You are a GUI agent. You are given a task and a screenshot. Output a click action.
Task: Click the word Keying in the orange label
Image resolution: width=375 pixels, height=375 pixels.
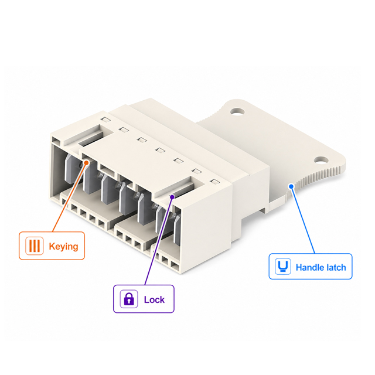[x=63, y=246]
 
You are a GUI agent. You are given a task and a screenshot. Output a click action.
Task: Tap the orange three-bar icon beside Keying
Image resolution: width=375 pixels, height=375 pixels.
[x=35, y=246]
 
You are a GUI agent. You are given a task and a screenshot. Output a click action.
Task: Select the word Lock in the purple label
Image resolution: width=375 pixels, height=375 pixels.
[x=154, y=299]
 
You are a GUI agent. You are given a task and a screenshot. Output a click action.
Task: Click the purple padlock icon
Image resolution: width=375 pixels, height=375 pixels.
[x=129, y=299]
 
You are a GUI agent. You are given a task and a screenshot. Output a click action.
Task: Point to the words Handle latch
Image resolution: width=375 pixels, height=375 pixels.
[x=321, y=267]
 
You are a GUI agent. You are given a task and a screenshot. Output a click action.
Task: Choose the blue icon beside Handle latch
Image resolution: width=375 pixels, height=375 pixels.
[x=283, y=266]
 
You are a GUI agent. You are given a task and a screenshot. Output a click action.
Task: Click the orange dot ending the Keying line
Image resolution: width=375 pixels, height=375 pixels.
[x=86, y=163]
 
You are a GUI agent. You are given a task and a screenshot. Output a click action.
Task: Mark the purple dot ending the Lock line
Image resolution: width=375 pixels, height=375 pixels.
[x=172, y=197]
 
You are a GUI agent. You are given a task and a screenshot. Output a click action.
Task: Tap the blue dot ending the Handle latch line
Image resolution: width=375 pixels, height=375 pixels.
[x=291, y=186]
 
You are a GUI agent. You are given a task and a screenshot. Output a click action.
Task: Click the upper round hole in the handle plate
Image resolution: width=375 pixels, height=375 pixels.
[x=237, y=111]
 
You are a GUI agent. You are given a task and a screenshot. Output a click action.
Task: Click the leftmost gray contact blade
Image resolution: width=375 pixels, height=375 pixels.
[x=70, y=169]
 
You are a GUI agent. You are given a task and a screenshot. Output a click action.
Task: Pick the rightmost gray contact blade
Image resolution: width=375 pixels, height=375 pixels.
[x=177, y=230]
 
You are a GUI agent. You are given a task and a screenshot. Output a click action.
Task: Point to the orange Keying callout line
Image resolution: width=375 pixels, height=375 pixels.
[x=69, y=197]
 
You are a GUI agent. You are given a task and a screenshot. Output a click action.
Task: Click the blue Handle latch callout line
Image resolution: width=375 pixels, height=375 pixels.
[x=303, y=220]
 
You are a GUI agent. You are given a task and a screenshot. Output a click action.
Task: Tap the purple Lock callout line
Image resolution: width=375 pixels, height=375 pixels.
[x=159, y=241]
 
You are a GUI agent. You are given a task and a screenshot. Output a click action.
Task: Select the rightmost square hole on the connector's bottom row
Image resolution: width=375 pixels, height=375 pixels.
[x=175, y=265]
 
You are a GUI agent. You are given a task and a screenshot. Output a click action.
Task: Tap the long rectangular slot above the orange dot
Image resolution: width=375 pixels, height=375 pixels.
[x=90, y=138]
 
